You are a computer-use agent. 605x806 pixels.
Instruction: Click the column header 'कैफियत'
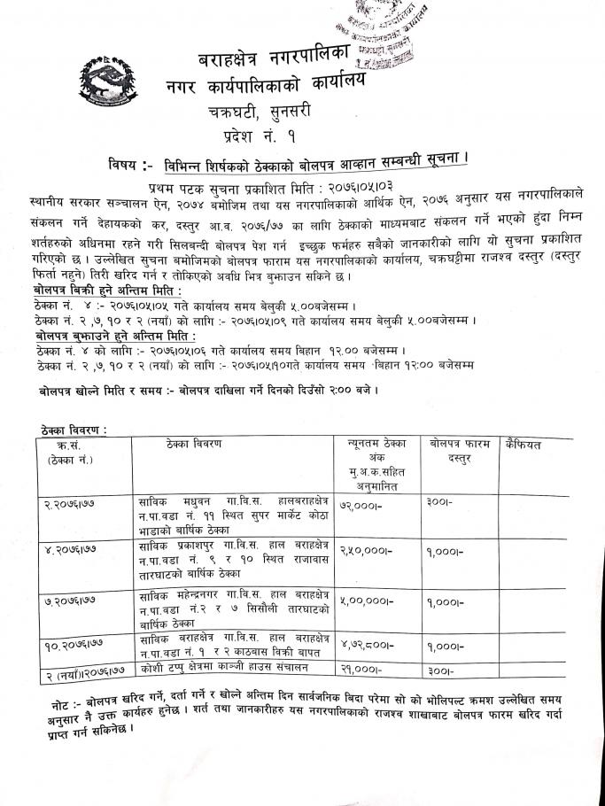click(x=525, y=443)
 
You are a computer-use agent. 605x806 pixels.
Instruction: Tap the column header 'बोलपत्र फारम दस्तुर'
click(x=460, y=451)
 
